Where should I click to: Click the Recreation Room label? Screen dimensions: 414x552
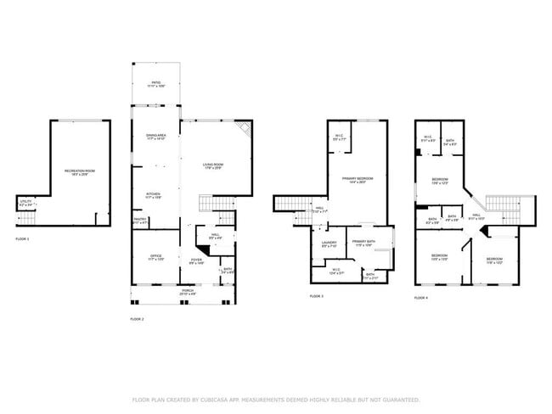pos(79,171)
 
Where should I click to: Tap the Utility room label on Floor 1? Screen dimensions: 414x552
pos(25,203)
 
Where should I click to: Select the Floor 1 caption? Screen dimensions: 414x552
pos(22,239)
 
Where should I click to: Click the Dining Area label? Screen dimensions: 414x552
pos(155,137)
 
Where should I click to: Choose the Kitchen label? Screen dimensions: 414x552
pos(154,195)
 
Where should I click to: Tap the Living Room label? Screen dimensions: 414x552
pos(212,165)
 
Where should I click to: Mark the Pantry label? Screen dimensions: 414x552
pos(139,221)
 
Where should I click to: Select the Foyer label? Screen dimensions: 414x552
pos(196,261)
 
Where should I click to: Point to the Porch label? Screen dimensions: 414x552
pos(187,291)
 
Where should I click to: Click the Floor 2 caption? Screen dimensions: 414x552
pos(137,319)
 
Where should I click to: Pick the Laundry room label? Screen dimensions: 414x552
pos(330,244)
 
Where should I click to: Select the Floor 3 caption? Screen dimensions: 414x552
pos(316,296)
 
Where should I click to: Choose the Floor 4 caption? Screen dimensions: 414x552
pos(421,298)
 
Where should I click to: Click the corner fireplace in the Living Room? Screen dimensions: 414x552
pos(245,130)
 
